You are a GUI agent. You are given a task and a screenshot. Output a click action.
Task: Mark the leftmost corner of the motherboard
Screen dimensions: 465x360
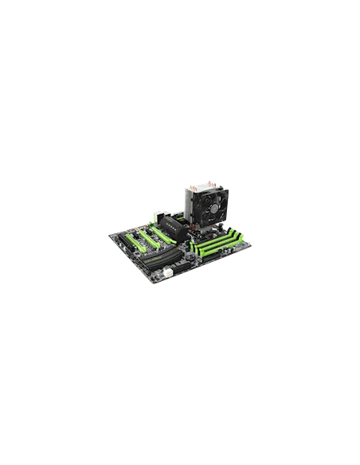pyautogui.click(x=109, y=237)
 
